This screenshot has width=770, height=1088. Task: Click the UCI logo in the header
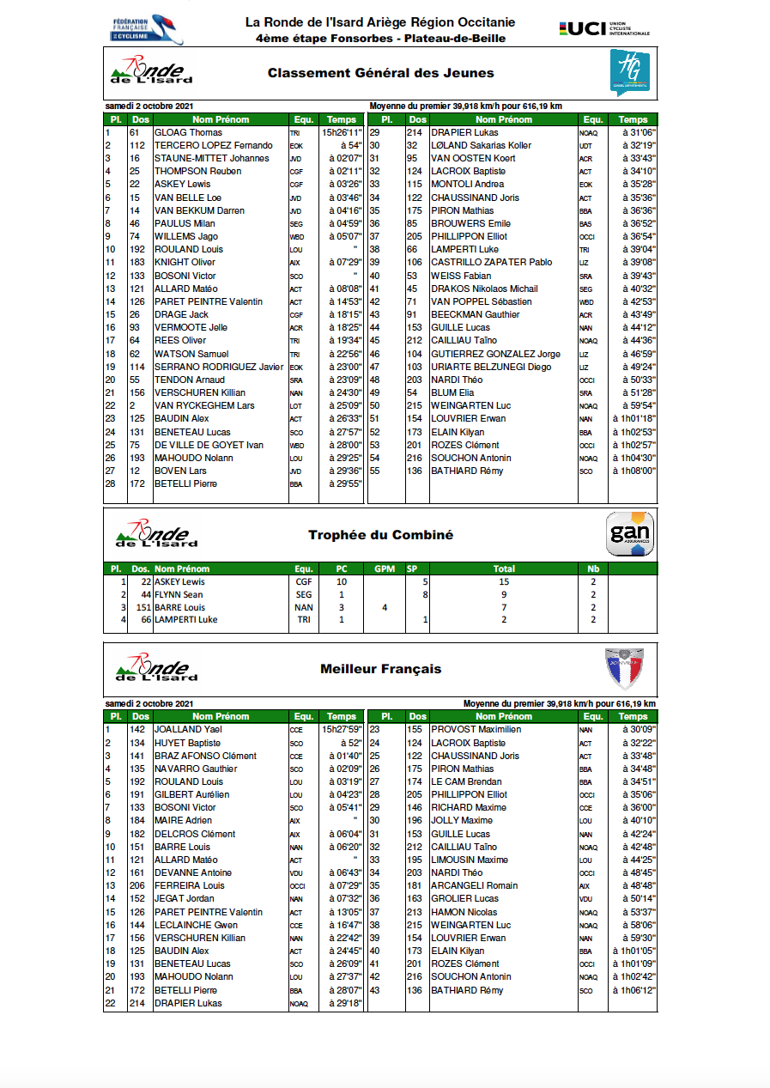(603, 29)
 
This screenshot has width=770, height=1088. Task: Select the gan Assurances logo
(630, 534)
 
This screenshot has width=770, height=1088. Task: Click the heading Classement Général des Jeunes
(380, 73)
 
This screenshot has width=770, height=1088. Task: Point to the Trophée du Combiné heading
(380, 535)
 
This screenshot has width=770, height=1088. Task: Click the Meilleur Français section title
(380, 669)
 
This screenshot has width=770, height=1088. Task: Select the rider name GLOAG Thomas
(188, 132)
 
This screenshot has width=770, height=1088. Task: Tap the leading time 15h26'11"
(342, 132)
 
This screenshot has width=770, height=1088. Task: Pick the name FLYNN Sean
(179, 594)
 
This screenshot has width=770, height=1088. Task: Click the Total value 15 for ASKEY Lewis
(504, 581)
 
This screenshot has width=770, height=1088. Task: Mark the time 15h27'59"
(342, 729)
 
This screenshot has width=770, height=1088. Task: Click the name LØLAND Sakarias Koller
(481, 145)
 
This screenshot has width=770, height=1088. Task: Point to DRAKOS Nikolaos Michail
(484, 289)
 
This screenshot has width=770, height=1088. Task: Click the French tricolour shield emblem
(624, 668)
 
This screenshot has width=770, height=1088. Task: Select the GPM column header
(384, 568)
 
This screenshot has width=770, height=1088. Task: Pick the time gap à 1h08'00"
(634, 471)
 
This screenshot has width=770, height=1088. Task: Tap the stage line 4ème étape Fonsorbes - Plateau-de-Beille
(380, 38)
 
